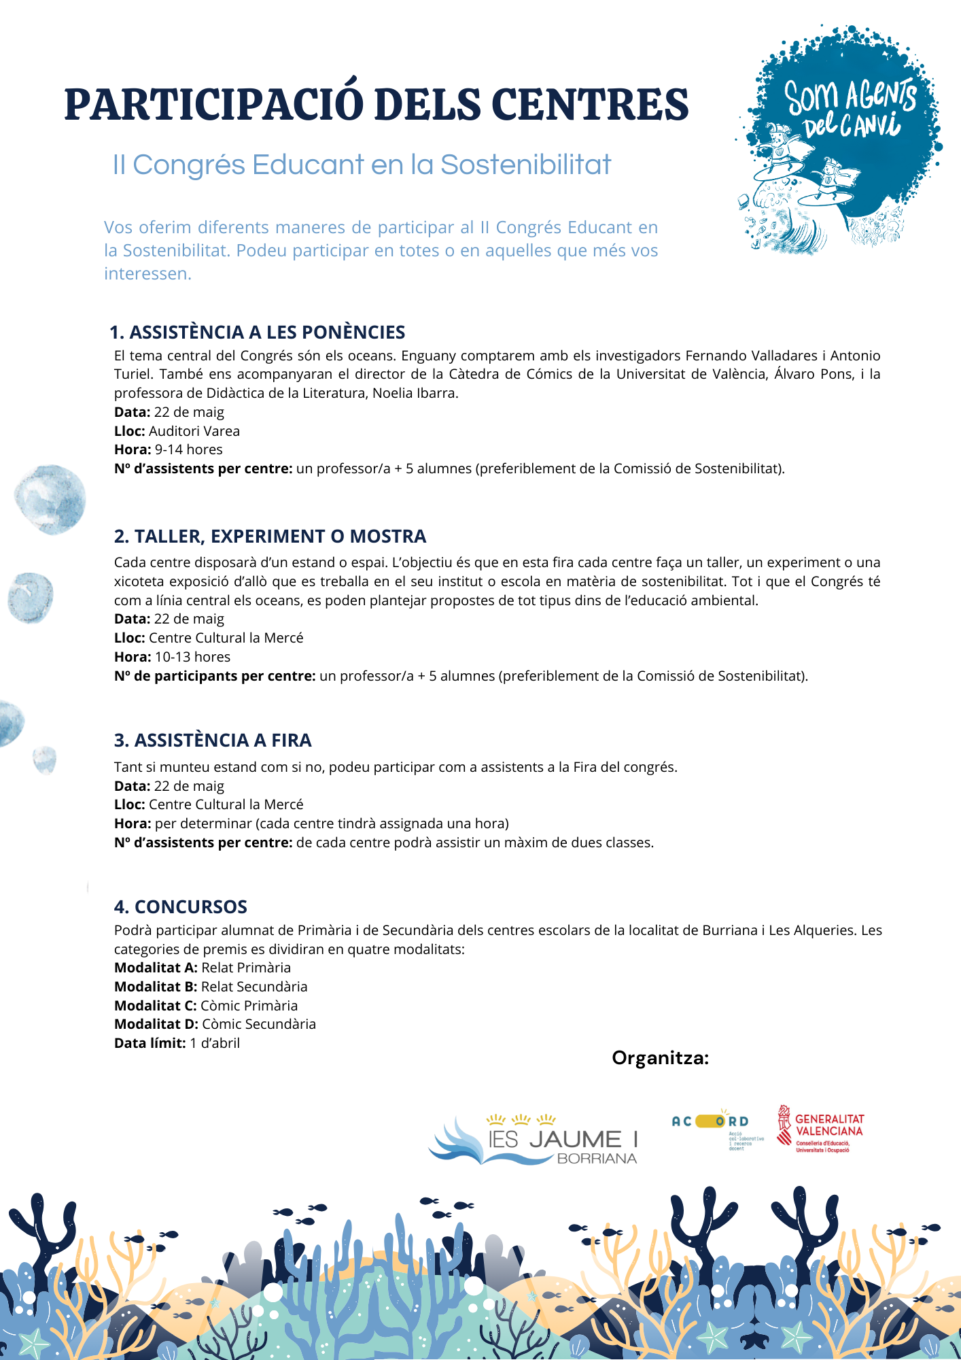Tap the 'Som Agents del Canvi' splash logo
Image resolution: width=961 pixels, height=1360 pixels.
pyautogui.click(x=841, y=136)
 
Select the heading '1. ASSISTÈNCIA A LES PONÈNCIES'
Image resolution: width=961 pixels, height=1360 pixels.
pyautogui.click(x=257, y=332)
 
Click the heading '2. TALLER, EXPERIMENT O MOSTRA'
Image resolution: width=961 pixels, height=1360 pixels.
pyautogui.click(x=270, y=537)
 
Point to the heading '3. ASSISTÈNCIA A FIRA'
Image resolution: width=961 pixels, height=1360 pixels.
pyautogui.click(x=213, y=740)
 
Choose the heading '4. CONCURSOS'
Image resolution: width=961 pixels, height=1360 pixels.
pyautogui.click(x=180, y=906)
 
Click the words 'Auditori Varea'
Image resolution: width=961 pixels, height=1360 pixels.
pyautogui.click(x=194, y=431)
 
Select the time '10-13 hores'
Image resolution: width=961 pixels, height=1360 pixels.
pyautogui.click(x=193, y=657)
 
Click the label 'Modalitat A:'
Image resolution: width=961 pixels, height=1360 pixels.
pyautogui.click(x=156, y=968)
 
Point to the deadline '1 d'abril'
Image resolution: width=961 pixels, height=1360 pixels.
pyautogui.click(x=215, y=1043)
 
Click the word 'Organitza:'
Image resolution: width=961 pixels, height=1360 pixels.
pyautogui.click(x=660, y=1058)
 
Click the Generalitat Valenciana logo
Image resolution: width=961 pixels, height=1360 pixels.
pyautogui.click(x=821, y=1129)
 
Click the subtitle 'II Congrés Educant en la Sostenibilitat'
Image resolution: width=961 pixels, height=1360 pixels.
pyautogui.click(x=362, y=165)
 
